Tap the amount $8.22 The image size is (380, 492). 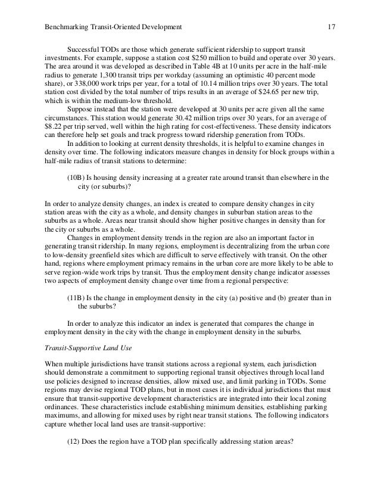coord(57,127)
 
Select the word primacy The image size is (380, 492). coord(149,264)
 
